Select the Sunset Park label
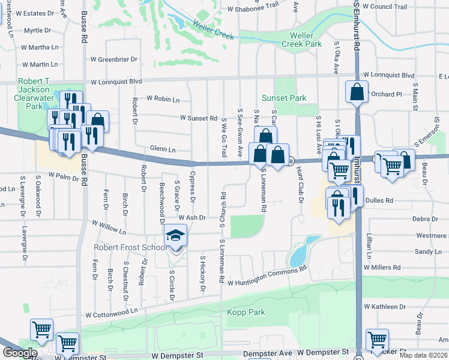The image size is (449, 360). pos(284,98)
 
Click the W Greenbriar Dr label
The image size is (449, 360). pos(114,59)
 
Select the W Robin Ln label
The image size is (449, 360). pos(163,98)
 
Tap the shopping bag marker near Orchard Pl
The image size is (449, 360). pos(357,93)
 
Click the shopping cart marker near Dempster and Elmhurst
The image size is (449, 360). pos(377,340)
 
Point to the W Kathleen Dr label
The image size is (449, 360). pos(385,307)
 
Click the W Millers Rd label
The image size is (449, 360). pos(382,267)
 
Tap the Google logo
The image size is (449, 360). pos(20,353)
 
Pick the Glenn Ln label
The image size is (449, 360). pos(163,149)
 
